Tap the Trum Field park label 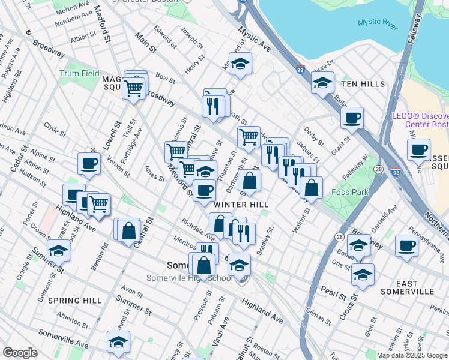79,74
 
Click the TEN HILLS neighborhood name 362,84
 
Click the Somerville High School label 190,278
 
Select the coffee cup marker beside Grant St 352,116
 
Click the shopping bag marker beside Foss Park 311,187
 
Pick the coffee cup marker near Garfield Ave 407,245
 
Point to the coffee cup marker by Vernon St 89,163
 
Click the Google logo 20,353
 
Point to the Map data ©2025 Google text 412,355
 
